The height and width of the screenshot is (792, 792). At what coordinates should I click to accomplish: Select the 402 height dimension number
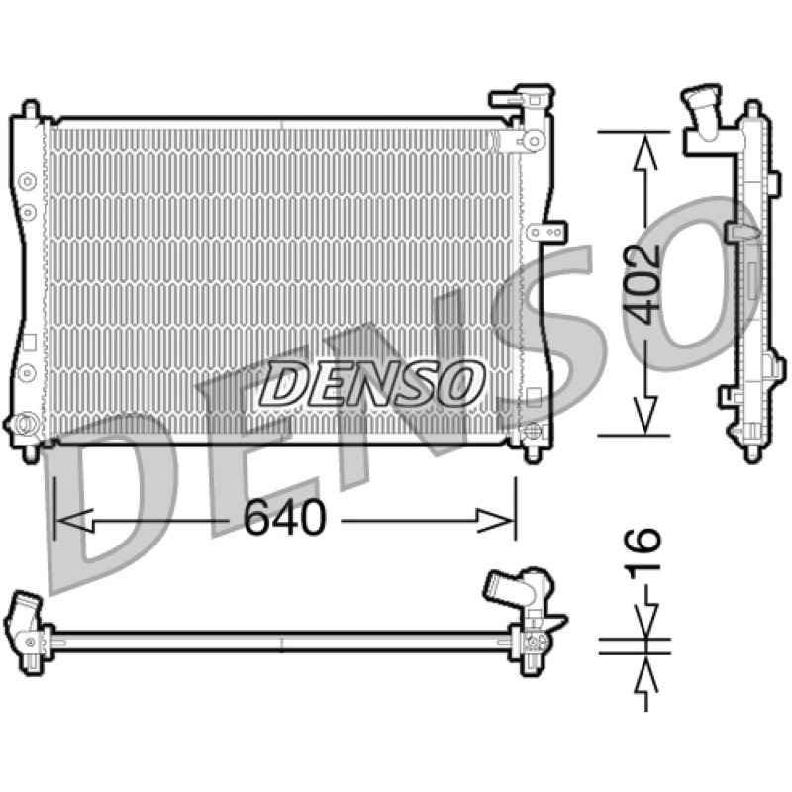click(641, 284)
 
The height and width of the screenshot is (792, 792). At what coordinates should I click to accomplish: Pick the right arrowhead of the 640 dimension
click(496, 520)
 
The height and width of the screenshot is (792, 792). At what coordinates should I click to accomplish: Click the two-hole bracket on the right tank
click(547, 233)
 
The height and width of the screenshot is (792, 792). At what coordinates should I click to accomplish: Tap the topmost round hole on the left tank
click(27, 182)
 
